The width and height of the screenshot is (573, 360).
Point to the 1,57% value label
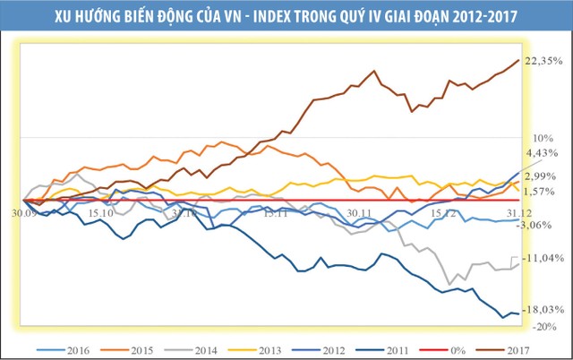[541, 191]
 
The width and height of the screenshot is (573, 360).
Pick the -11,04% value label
[543, 258]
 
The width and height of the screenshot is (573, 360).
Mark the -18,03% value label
[543, 309]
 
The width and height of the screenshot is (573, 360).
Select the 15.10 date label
[101, 213]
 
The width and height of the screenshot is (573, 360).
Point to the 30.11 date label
[358, 213]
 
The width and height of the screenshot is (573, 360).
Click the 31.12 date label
[514, 213]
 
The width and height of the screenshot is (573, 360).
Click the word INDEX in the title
[255, 15]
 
